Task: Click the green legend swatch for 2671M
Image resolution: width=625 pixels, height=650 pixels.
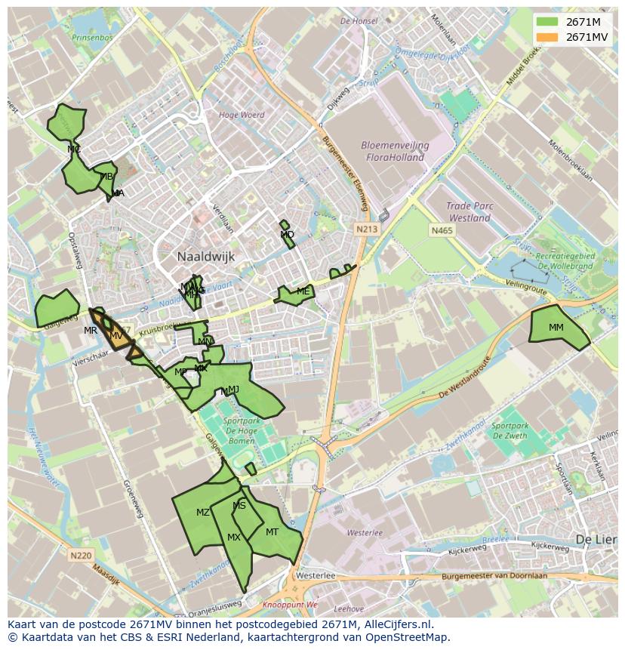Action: tap(547, 22)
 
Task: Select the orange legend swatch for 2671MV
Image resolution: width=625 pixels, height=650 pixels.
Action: tap(547, 37)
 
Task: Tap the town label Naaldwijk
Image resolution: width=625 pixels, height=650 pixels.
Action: tap(206, 257)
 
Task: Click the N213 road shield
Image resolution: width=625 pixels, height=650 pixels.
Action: tap(368, 229)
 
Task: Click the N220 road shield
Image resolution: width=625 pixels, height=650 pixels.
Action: tap(80, 556)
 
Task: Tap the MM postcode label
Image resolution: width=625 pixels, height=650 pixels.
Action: tap(556, 328)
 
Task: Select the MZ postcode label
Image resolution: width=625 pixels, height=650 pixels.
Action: tap(203, 513)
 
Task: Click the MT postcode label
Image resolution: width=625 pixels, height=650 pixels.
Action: tap(272, 532)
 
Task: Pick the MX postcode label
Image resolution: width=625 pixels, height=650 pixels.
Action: tap(234, 538)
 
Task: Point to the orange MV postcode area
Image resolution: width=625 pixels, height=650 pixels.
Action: tap(119, 338)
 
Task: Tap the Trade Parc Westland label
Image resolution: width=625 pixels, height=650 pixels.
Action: tap(468, 211)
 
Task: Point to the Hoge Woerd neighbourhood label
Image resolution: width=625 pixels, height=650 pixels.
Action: tap(242, 116)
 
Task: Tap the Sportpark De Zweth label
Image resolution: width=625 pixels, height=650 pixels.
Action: tap(511, 430)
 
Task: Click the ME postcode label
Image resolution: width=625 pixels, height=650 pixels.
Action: tap(303, 291)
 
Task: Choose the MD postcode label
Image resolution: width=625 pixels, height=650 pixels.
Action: tap(287, 236)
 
